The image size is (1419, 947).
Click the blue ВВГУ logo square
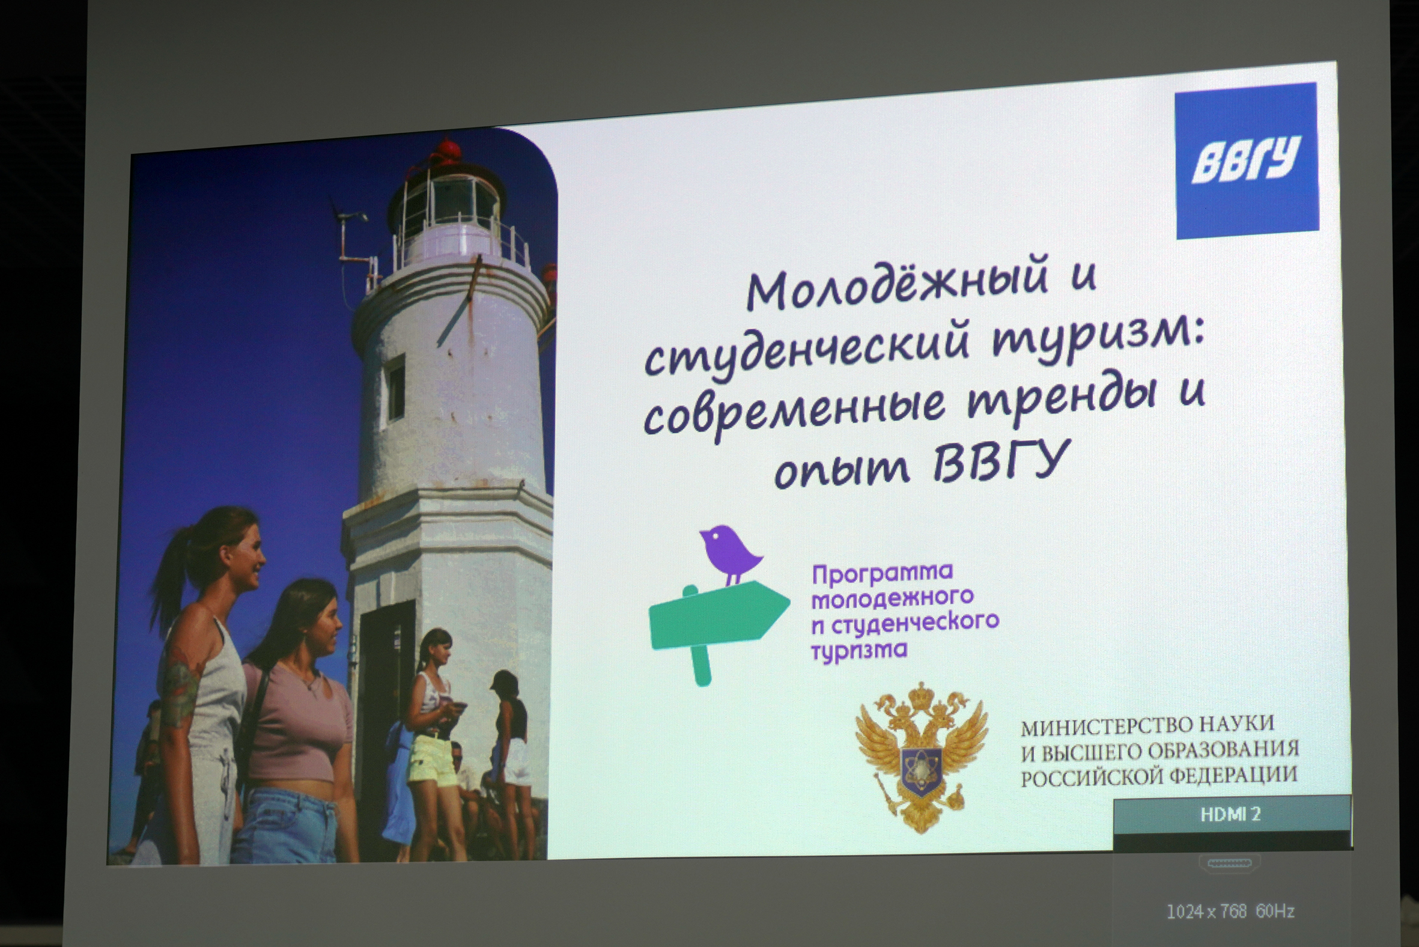(x=1247, y=160)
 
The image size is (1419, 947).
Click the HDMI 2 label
(x=1230, y=814)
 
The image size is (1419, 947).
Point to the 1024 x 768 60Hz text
(x=1230, y=911)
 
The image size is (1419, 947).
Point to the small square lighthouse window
(x=395, y=387)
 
